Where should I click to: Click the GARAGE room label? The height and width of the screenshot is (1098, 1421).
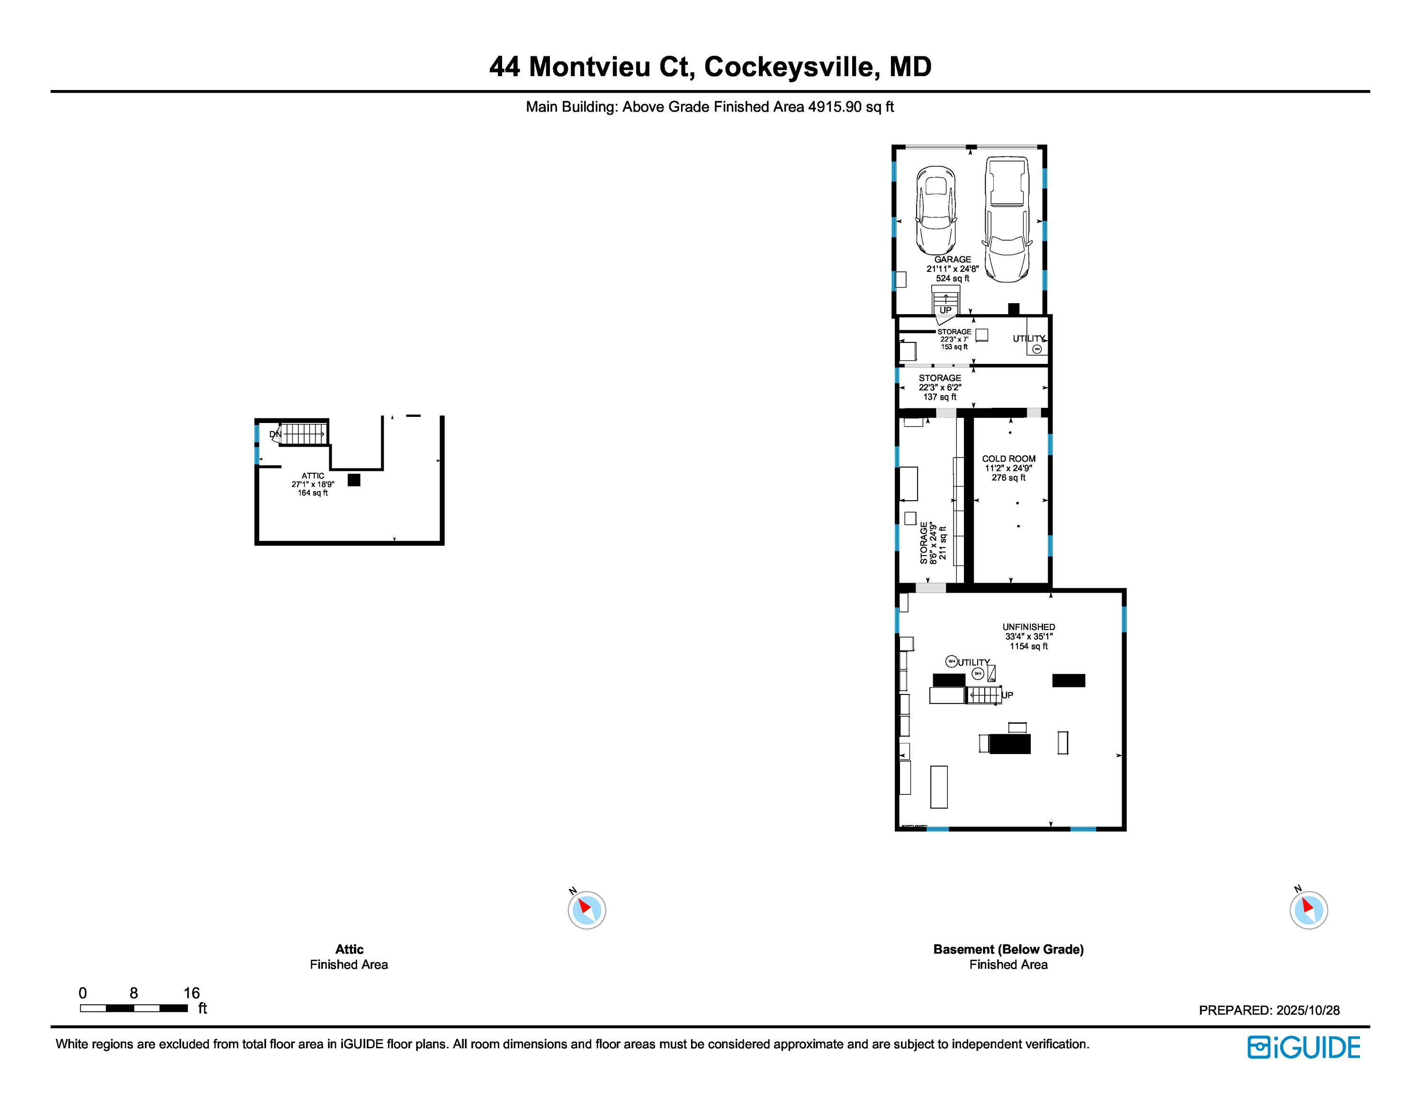(x=953, y=260)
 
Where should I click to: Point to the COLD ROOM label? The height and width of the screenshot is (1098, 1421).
(x=1008, y=459)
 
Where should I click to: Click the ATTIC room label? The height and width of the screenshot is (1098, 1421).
(x=313, y=476)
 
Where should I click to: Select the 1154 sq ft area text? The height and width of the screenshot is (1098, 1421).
(x=1029, y=646)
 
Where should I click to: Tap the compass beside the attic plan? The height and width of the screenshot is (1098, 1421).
(x=587, y=909)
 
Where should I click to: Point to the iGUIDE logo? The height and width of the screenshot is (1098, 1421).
(x=1303, y=1047)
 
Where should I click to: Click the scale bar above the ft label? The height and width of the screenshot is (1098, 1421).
(x=134, y=1008)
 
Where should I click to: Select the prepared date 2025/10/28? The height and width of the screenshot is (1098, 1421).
(x=1307, y=1010)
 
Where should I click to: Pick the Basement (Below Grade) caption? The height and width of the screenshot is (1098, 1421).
(x=1008, y=949)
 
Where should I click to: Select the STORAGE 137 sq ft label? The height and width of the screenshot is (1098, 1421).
(x=940, y=387)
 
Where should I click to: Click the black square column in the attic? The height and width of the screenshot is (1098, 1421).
(x=354, y=480)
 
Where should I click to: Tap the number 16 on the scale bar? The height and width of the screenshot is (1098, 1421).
(x=191, y=993)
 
